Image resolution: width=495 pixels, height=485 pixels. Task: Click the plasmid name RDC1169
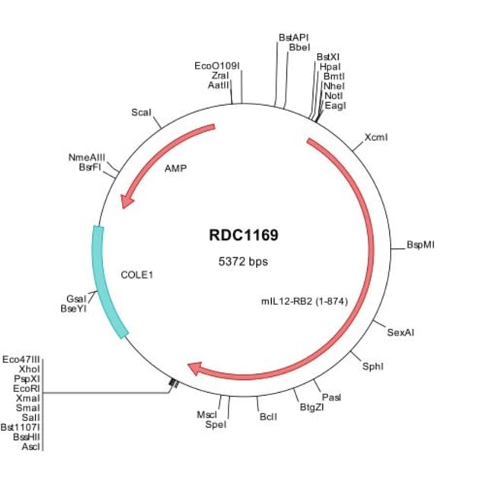point(243,235)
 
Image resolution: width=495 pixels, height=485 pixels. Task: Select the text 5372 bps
point(243,261)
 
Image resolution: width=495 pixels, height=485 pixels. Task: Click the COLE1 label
point(137,272)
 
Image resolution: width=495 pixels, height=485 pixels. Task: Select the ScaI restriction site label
point(141,112)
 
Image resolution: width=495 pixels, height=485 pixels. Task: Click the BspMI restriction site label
point(420,245)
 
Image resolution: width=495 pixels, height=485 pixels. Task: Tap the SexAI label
point(401,333)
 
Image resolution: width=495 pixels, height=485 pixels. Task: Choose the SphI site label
point(372,366)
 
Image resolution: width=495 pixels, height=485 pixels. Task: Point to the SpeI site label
point(216,424)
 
